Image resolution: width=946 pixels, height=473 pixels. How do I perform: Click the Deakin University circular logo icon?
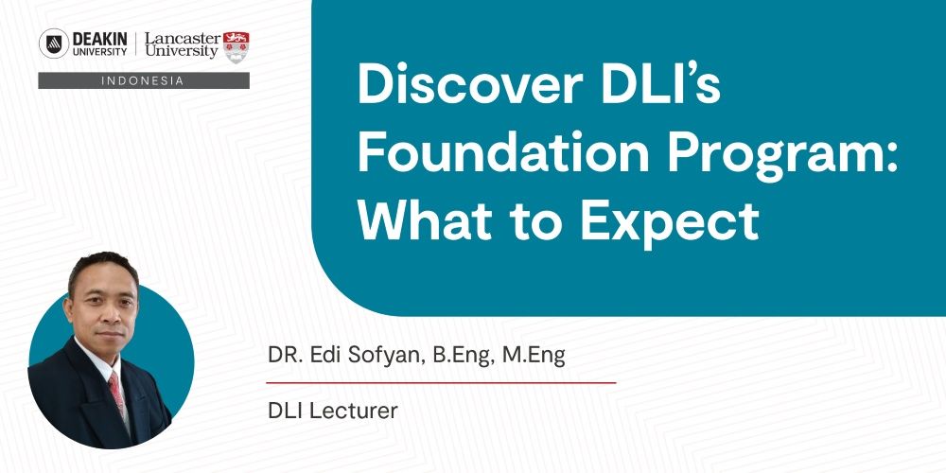click(x=54, y=44)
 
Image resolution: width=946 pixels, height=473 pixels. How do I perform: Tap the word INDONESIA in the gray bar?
click(x=143, y=80)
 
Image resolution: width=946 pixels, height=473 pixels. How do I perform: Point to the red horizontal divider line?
click(x=441, y=382)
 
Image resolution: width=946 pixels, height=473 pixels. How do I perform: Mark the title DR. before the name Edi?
click(x=283, y=356)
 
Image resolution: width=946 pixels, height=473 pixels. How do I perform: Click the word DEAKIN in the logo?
click(x=99, y=39)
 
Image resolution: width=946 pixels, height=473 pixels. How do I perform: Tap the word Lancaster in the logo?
click(x=183, y=38)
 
